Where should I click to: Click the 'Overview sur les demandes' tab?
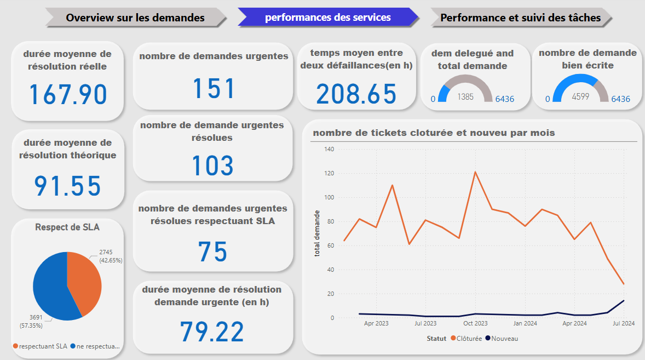(135, 18)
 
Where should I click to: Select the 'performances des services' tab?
(328, 18)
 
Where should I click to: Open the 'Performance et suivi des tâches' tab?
(520, 18)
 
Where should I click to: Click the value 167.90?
(68, 94)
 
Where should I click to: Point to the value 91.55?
(68, 186)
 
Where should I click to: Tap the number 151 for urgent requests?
(213, 88)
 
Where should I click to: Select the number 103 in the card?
(213, 165)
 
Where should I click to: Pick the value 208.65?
(356, 94)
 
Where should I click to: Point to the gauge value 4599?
(580, 97)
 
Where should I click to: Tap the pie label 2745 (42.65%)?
(110, 256)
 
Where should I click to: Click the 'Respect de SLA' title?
(67, 226)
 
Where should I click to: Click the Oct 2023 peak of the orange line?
(475, 172)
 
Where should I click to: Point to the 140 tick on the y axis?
(329, 149)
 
